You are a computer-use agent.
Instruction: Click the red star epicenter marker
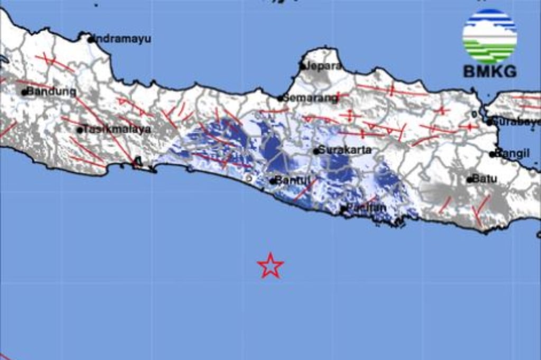270,265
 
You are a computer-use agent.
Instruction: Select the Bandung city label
52,91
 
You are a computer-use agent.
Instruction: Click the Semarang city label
310,98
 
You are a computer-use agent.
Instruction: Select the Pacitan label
367,208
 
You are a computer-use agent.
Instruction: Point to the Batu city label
484,179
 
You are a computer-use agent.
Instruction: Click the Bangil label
512,154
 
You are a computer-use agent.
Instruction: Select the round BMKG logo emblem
490,36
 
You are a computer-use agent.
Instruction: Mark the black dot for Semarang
281,98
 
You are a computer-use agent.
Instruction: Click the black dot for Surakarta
316,151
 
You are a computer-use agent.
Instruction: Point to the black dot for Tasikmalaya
80,130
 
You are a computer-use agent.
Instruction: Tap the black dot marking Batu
469,180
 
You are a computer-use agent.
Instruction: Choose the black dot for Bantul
272,181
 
